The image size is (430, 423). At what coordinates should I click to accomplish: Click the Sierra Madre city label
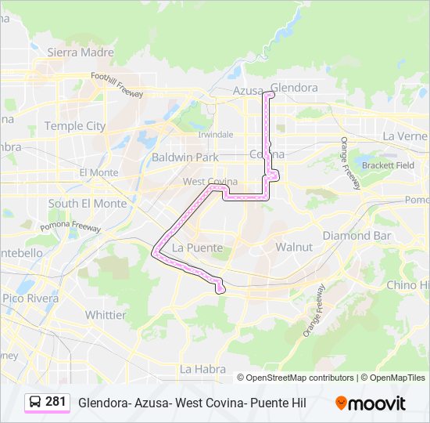pyautogui.click(x=81, y=52)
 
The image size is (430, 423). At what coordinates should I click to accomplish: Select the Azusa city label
pyautogui.click(x=249, y=91)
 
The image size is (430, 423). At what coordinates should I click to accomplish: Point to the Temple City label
pyautogui.click(x=74, y=125)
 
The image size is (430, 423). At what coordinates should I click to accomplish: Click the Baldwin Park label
pyautogui.click(x=185, y=157)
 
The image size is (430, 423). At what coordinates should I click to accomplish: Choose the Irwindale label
pyautogui.click(x=215, y=134)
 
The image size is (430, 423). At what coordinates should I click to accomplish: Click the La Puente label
pyautogui.click(x=197, y=248)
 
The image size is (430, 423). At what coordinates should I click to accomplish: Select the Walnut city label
pyautogui.click(x=294, y=247)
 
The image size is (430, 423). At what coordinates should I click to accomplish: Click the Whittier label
pyautogui.click(x=106, y=315)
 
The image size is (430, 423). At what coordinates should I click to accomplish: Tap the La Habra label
pyautogui.click(x=202, y=368)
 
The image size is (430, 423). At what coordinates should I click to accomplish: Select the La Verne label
pyautogui.click(x=404, y=136)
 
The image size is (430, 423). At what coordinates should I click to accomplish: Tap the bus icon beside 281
pyautogui.click(x=35, y=402)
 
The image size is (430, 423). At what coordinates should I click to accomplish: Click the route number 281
pyautogui.click(x=56, y=402)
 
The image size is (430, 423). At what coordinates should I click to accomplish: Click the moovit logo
pyautogui.click(x=371, y=403)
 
